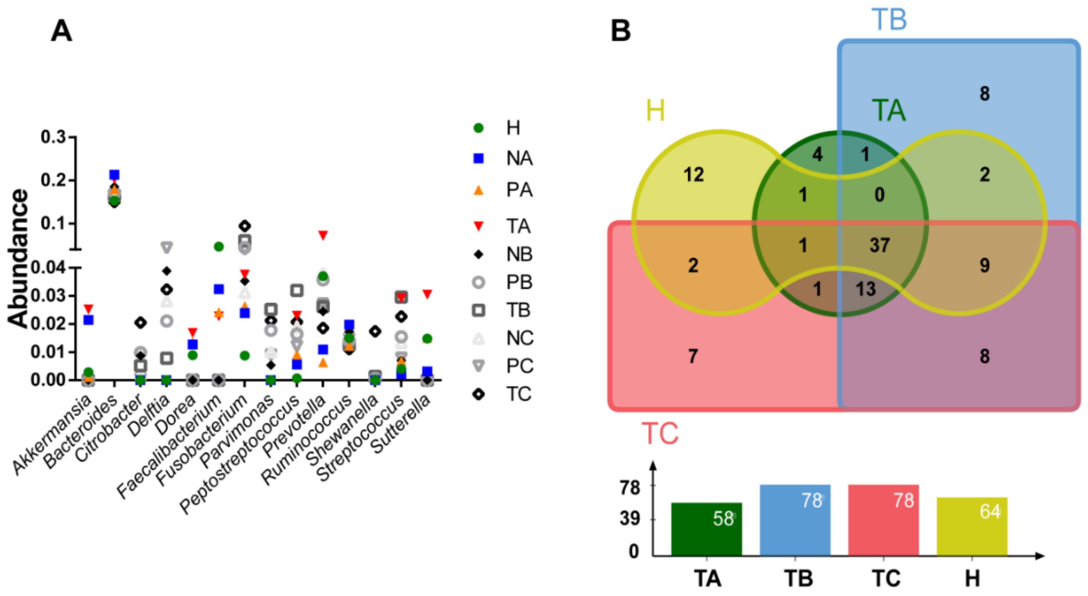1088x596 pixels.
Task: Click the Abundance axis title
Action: pyautogui.click(x=18, y=258)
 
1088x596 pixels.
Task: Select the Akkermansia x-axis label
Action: pyautogui.click(x=51, y=435)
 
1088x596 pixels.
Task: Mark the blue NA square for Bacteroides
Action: pyautogui.click(x=114, y=175)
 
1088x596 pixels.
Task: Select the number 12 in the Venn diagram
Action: pyautogui.click(x=694, y=175)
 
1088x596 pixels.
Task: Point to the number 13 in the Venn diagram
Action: pyautogui.click(x=866, y=289)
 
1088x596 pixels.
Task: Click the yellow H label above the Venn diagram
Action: pyautogui.click(x=655, y=111)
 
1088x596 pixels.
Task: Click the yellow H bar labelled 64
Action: pyautogui.click(x=972, y=526)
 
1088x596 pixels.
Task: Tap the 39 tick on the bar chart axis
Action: pyautogui.click(x=630, y=519)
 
